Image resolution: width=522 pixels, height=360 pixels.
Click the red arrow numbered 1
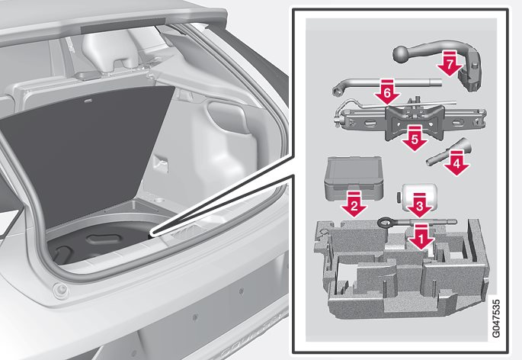click(421, 237)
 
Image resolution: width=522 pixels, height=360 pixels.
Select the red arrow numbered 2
click(354, 204)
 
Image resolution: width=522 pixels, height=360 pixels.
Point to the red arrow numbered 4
click(456, 162)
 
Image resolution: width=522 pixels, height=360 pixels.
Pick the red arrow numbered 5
click(415, 138)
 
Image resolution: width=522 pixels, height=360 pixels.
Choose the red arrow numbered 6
click(387, 92)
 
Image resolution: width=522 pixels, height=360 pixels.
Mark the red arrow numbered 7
click(450, 63)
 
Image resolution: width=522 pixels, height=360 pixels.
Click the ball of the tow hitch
click(402, 54)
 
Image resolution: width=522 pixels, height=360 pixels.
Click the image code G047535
click(495, 318)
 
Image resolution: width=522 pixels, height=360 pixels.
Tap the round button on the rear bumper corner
click(61, 290)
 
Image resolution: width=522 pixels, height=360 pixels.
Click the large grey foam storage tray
click(401, 268)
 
